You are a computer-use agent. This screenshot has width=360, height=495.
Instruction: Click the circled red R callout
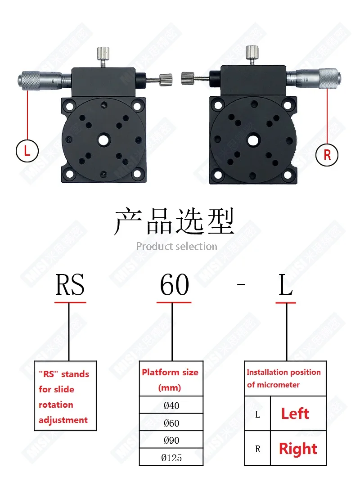click(x=327, y=154)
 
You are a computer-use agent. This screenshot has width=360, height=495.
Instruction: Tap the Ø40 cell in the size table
click(x=171, y=405)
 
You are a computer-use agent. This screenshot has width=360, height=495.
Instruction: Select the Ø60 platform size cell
click(x=171, y=423)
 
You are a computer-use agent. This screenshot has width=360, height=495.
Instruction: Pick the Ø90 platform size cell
click(x=171, y=440)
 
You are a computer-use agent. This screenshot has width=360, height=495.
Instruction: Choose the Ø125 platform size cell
click(x=171, y=458)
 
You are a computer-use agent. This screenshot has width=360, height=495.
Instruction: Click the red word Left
click(x=295, y=414)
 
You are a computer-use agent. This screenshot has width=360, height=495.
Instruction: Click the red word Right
click(x=298, y=449)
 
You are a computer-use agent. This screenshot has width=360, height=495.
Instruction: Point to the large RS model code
click(x=70, y=285)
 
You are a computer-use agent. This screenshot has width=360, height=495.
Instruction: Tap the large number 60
click(x=174, y=285)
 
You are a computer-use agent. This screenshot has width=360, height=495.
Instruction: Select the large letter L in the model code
click(x=286, y=285)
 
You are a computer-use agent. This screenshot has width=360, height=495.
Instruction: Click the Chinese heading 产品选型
click(x=175, y=221)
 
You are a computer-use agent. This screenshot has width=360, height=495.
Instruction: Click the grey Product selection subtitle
click(x=176, y=246)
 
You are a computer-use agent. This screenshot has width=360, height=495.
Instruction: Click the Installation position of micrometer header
click(x=284, y=378)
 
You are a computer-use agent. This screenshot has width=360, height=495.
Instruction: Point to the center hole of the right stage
click(x=253, y=140)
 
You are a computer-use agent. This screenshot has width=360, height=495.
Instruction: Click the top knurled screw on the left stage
click(x=103, y=55)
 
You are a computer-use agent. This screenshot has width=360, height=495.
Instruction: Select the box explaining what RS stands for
click(x=65, y=396)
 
